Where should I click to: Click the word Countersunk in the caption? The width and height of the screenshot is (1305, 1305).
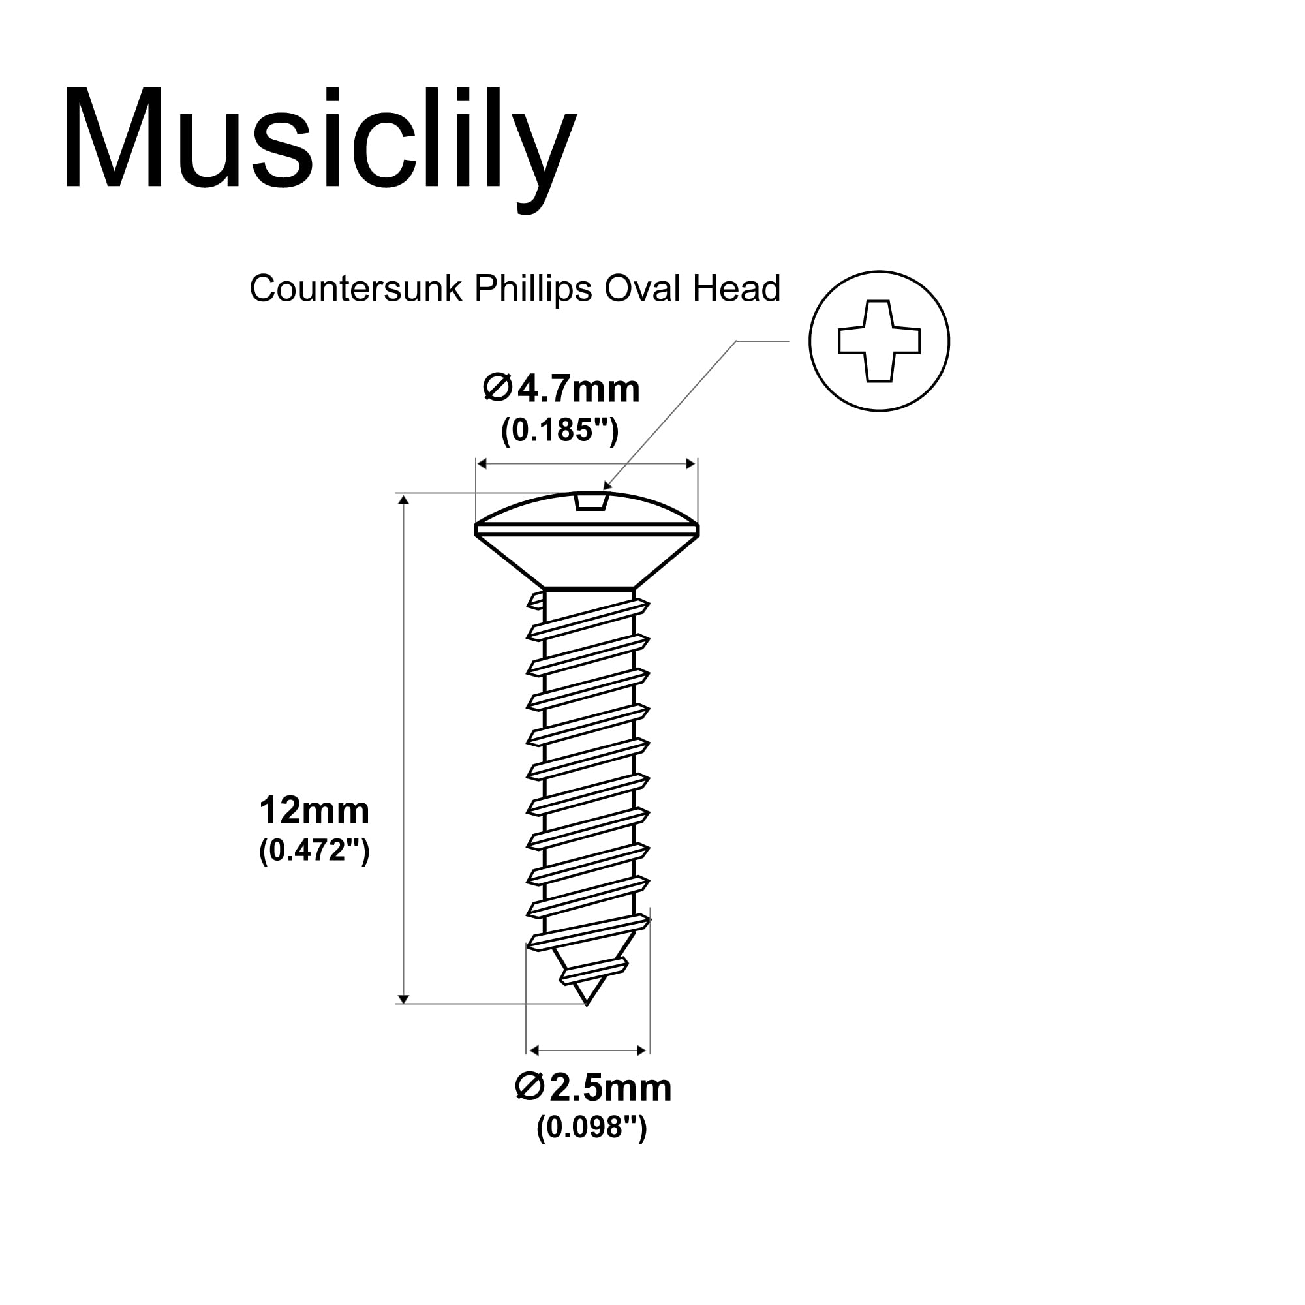[356, 289]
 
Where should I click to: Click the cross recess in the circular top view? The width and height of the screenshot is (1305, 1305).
[879, 341]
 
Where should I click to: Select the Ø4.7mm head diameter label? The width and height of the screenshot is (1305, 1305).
[561, 390]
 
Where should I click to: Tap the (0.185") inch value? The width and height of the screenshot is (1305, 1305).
[559, 429]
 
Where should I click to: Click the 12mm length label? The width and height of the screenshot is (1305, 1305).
[314, 810]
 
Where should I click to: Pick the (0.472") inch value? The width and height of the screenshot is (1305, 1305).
[314, 850]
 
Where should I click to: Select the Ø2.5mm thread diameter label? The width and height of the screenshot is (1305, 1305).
[592, 1088]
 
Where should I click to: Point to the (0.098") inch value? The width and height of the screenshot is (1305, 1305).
[592, 1128]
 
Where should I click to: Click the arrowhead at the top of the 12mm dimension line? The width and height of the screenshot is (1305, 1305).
[403, 500]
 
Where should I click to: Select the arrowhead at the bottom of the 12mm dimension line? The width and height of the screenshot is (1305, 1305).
[403, 999]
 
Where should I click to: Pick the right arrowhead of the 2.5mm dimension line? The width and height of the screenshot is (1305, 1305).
[642, 1051]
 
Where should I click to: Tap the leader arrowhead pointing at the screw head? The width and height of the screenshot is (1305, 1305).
[607, 485]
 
